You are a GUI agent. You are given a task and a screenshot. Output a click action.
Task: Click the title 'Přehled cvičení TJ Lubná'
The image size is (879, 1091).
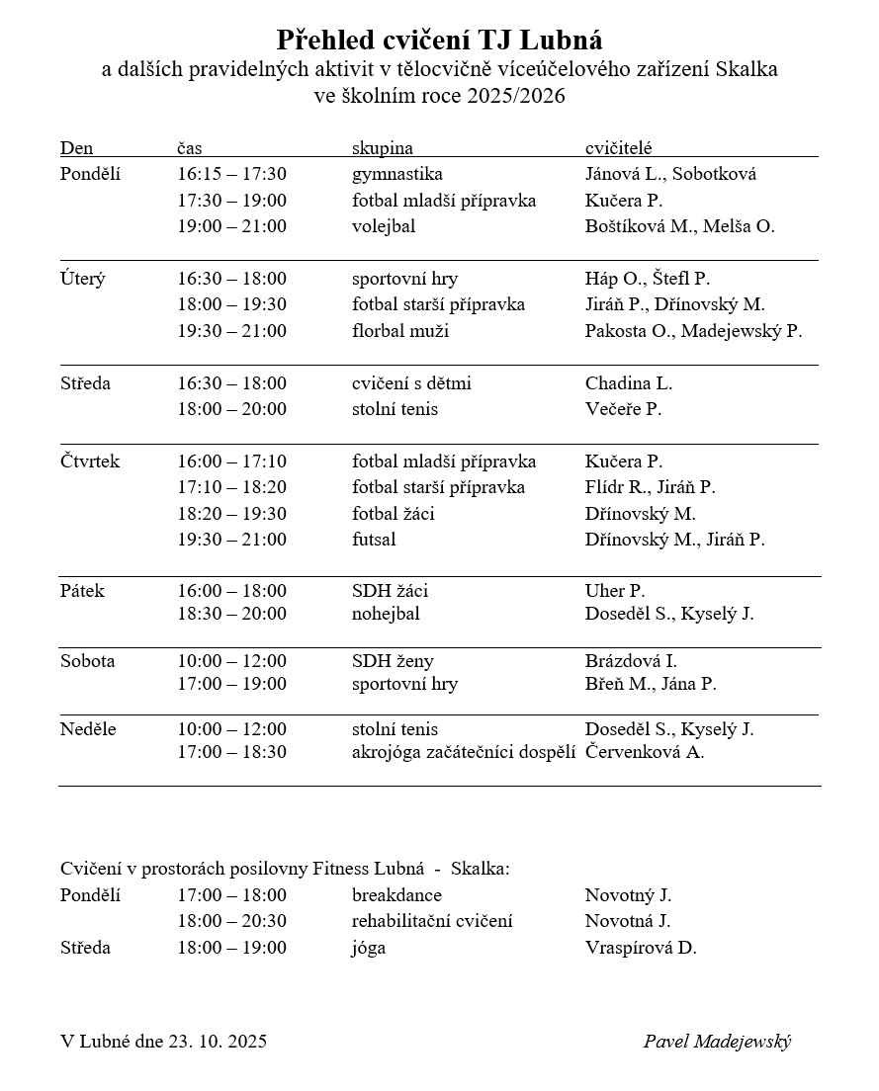tap(439, 41)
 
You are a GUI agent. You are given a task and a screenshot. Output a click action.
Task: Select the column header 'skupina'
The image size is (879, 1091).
tap(382, 147)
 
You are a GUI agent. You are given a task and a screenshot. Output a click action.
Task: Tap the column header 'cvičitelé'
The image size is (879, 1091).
tap(618, 147)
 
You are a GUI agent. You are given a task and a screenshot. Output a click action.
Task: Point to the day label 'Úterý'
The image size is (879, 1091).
tap(82, 279)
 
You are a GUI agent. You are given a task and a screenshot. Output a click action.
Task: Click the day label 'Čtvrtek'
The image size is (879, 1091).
tap(90, 462)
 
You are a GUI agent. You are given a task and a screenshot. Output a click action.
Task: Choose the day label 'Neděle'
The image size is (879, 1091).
tap(88, 729)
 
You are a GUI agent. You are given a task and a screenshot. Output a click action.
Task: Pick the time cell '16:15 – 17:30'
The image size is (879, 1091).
tap(231, 174)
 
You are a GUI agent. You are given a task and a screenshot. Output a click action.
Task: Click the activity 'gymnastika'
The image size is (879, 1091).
tap(396, 174)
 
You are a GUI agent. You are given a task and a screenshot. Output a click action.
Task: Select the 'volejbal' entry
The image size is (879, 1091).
tap(383, 226)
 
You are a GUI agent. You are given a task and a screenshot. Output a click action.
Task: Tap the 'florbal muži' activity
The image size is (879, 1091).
tap(399, 331)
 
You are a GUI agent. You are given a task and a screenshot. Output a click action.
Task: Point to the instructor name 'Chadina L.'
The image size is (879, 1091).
tap(629, 383)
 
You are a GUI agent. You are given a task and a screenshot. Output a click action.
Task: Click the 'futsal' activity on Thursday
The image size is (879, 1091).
tap(374, 540)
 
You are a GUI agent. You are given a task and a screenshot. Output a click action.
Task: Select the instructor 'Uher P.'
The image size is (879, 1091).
tap(615, 591)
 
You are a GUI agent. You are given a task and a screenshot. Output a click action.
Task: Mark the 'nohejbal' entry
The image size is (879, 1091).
tap(386, 614)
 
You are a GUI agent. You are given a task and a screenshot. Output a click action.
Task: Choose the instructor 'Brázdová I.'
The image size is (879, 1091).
tap(631, 661)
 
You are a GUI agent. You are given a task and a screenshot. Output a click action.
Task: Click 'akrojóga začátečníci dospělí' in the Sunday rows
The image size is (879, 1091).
tap(464, 752)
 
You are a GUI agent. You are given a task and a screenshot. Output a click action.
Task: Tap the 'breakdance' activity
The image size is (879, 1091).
tap(396, 895)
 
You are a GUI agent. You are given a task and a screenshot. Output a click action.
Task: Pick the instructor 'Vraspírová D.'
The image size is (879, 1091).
tap(641, 948)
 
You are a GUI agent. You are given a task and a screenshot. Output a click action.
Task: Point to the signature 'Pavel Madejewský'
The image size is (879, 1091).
tap(717, 1041)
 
